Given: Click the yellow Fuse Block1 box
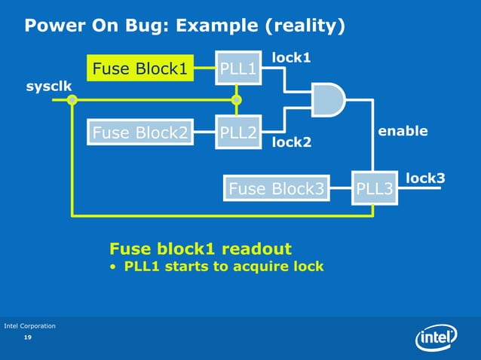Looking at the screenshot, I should (139, 70).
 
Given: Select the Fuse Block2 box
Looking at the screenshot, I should (139, 133).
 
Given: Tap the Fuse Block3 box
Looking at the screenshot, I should (277, 188).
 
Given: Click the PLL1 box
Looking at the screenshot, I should (237, 70).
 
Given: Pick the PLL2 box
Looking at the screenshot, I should (237, 133).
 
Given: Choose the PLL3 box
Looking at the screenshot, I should (374, 188).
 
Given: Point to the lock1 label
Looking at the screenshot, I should (291, 57).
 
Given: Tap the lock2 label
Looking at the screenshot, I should (291, 142).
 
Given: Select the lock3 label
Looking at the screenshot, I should (425, 178).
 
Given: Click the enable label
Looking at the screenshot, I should (403, 131).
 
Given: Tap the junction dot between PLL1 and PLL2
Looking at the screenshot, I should (237, 100).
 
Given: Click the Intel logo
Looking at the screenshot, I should (437, 337).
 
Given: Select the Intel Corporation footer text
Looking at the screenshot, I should (29, 325).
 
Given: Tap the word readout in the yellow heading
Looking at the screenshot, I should (256, 249).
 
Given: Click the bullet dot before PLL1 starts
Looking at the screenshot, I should (113, 267).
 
